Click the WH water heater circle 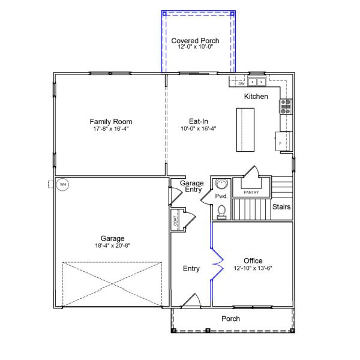click(x=62, y=184)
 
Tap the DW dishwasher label click(x=241, y=84)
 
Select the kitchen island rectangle click(x=245, y=130)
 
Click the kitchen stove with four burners click(x=286, y=107)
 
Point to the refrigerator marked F click(x=284, y=141)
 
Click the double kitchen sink click(x=257, y=82)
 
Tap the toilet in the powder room click(x=221, y=212)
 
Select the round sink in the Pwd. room click(x=221, y=184)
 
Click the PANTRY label click(x=251, y=193)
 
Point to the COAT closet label click(x=175, y=220)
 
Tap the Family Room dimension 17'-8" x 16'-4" click(x=111, y=128)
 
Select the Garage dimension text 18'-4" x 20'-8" click(x=113, y=245)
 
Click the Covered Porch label click(x=195, y=41)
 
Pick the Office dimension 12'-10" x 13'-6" click(x=253, y=268)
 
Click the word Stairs click(x=281, y=207)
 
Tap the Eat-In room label click(x=199, y=121)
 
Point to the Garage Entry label click(x=192, y=186)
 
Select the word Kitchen click(x=256, y=97)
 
